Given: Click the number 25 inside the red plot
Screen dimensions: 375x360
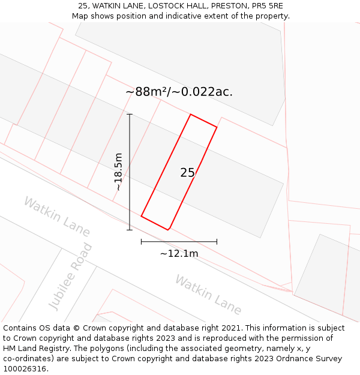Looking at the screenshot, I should point(187,173).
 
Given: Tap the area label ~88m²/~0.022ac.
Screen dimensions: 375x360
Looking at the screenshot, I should point(179,92).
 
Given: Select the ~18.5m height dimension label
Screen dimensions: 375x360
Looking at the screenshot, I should point(119,172).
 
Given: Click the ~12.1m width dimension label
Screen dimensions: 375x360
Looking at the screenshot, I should point(179,254).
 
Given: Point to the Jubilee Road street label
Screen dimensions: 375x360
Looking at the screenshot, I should point(71,277).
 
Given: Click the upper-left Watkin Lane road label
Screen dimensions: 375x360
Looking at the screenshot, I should point(57,216).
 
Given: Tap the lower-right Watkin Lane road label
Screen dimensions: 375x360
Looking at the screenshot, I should point(208,295).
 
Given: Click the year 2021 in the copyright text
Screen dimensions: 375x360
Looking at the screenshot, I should point(230,328).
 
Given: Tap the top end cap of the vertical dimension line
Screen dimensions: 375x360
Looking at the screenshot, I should point(130,114).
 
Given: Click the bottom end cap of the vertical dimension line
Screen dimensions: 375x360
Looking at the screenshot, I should point(130,229).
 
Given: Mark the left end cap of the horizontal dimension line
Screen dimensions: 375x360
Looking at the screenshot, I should point(141,242).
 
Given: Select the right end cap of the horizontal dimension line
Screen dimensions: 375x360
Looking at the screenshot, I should point(217,242).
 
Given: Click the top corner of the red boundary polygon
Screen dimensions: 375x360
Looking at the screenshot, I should point(191,114).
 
